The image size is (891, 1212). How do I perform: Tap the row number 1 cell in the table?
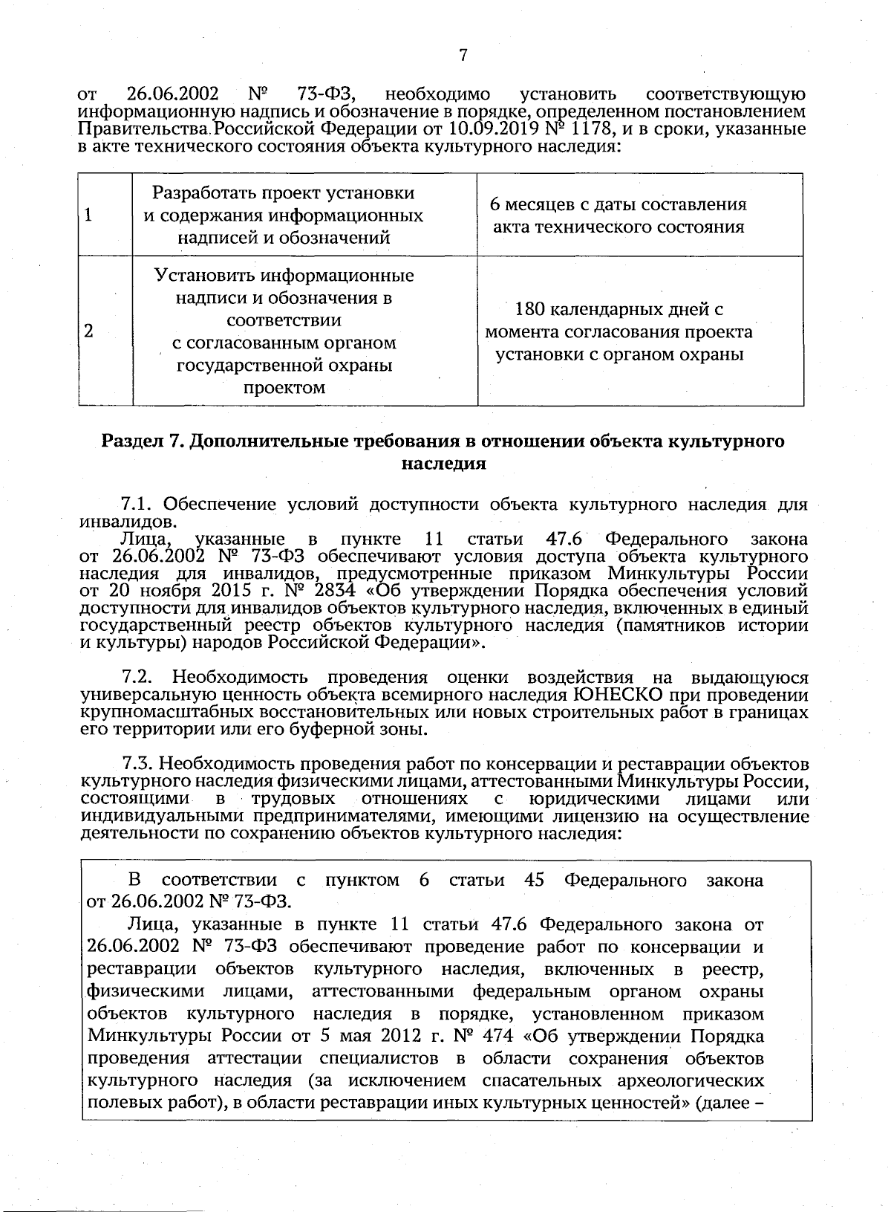click(x=89, y=215)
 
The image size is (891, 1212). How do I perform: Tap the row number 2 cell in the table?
click(x=89, y=331)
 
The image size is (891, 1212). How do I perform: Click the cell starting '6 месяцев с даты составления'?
click(x=619, y=215)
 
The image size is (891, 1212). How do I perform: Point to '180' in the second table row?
click(x=520, y=309)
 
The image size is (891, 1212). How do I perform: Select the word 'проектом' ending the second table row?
click(x=285, y=387)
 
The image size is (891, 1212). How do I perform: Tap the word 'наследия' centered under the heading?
click(x=443, y=464)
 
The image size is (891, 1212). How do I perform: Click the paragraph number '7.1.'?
click(x=138, y=505)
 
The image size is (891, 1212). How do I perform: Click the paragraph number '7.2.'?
click(x=138, y=678)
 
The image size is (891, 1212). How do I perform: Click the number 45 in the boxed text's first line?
click(x=534, y=881)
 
